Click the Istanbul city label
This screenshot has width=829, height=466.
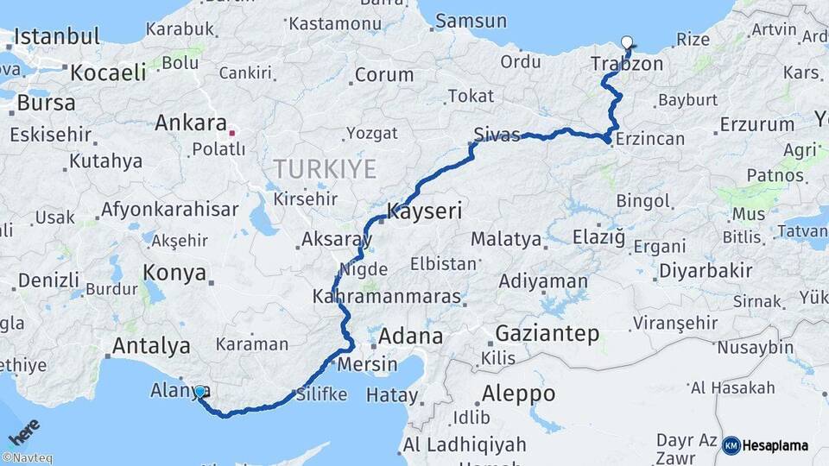(x=57, y=37)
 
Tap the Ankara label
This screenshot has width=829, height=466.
(x=190, y=123)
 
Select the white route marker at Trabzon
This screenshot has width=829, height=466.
(x=626, y=41)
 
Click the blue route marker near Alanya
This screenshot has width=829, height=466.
(x=199, y=392)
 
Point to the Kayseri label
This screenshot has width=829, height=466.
(x=424, y=210)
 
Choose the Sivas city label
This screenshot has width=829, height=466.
(x=497, y=135)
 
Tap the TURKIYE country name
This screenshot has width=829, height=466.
(x=325, y=169)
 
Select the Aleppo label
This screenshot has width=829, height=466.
(x=518, y=394)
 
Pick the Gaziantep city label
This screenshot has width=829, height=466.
(x=547, y=334)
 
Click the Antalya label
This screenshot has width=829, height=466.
(x=151, y=347)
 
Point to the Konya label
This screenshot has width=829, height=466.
(x=175, y=274)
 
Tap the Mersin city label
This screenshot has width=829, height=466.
(x=366, y=363)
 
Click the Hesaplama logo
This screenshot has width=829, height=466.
(x=766, y=445)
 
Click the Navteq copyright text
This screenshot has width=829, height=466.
(x=27, y=458)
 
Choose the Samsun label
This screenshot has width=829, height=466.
(x=471, y=21)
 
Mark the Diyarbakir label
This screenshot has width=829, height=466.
(x=706, y=270)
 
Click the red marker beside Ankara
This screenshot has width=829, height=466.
(x=231, y=133)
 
